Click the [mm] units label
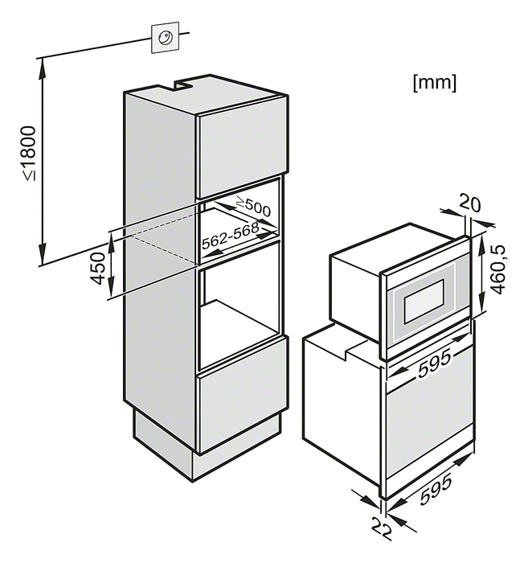tap(435, 83)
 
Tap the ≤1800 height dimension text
tap(29, 154)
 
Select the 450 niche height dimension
tap(97, 268)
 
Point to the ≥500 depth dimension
tap(253, 208)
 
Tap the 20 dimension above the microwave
tap(469, 203)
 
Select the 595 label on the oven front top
tap(434, 364)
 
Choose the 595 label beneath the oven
tap(436, 490)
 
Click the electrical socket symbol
tap(166, 37)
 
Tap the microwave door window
tap(424, 301)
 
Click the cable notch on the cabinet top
tap(182, 84)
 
